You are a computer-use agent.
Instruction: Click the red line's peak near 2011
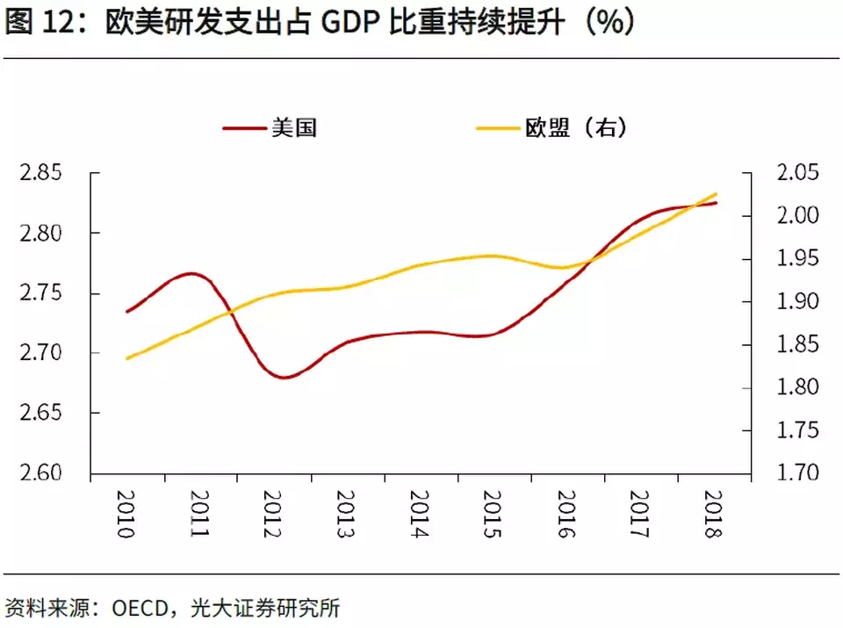192,273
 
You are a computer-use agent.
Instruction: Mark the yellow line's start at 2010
128,358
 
